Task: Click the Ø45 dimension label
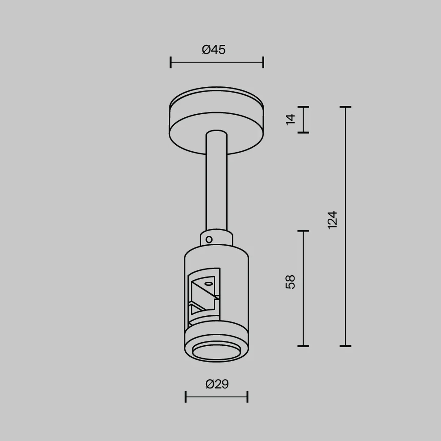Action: pyautogui.click(x=214, y=50)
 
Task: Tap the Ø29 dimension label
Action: pyautogui.click(x=217, y=384)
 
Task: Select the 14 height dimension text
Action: pyautogui.click(x=290, y=119)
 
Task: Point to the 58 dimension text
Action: pyautogui.click(x=290, y=282)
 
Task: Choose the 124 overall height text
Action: pyautogui.click(x=333, y=220)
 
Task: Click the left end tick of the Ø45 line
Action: pyautogui.click(x=171, y=62)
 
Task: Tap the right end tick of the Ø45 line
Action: pyautogui.click(x=263, y=62)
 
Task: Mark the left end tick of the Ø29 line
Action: pyautogui.click(x=185, y=397)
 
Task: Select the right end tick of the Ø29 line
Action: pyautogui.click(x=247, y=397)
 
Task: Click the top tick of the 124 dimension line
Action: pyautogui.click(x=345, y=107)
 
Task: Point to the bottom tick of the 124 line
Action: pyautogui.click(x=345, y=346)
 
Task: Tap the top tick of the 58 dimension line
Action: pyautogui.click(x=303, y=231)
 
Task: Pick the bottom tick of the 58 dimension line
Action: pyautogui.click(x=303, y=346)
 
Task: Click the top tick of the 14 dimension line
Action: pyautogui.click(x=303, y=107)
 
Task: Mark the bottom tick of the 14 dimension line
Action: pyautogui.click(x=303, y=133)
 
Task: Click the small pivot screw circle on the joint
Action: pyautogui.click(x=209, y=240)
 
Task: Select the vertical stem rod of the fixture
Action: pyautogui.click(x=217, y=185)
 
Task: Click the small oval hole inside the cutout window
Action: pyautogui.click(x=208, y=284)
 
